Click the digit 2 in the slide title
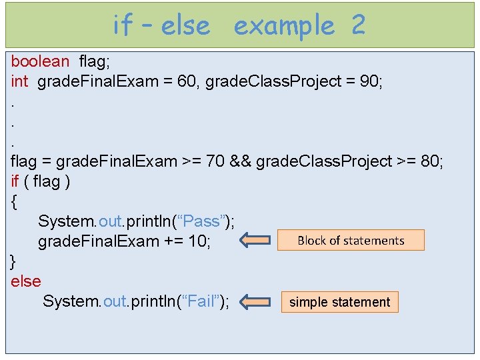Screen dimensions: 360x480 tap(358, 25)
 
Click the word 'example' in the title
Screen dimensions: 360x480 tap(284, 25)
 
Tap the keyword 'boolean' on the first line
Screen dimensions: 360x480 tap(40, 61)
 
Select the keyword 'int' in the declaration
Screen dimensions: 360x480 tap(19, 81)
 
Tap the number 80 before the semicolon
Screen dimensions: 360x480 tap(429, 161)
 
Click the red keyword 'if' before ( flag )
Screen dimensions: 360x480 tap(15, 181)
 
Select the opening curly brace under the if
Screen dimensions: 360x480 tap(15, 201)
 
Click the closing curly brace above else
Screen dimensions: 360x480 tap(15, 261)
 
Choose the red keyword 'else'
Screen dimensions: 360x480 tap(26, 281)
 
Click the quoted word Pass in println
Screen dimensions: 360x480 tap(203, 221)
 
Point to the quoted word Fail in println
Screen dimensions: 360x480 tap(201, 301)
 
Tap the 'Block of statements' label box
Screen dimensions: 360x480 tap(351, 241)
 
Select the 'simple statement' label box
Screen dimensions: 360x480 tap(339, 302)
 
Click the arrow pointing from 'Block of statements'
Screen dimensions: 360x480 tap(255, 240)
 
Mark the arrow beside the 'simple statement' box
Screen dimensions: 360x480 tap(255, 302)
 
